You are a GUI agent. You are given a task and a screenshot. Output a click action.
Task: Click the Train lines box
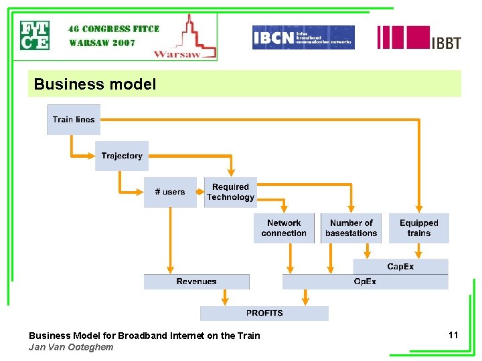74,120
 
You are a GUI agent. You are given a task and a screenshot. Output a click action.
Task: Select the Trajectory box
121,156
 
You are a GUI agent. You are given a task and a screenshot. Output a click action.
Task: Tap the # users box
170,192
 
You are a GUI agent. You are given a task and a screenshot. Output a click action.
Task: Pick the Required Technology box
230,192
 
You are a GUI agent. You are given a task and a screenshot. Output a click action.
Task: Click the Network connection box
284,228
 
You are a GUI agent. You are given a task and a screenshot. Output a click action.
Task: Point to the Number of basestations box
351,228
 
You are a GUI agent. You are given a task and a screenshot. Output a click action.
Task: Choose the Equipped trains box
418,228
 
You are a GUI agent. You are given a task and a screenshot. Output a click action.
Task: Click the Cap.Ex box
400,267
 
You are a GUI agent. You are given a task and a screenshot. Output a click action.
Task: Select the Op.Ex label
365,281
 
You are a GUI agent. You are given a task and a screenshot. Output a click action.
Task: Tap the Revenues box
196,281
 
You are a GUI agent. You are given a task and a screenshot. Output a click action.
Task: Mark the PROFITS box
264,313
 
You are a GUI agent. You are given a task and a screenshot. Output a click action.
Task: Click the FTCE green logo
34,36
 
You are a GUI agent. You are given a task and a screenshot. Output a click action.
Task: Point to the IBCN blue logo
303,37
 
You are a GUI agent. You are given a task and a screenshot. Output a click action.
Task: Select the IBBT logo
419,38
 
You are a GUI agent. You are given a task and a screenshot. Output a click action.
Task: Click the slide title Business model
94,84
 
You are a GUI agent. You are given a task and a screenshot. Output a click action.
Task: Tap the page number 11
453,335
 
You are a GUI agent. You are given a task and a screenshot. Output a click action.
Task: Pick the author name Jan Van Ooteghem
71,347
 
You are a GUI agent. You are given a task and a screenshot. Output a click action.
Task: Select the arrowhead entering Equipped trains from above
419,209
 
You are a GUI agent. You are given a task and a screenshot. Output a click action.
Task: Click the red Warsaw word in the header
177,54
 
